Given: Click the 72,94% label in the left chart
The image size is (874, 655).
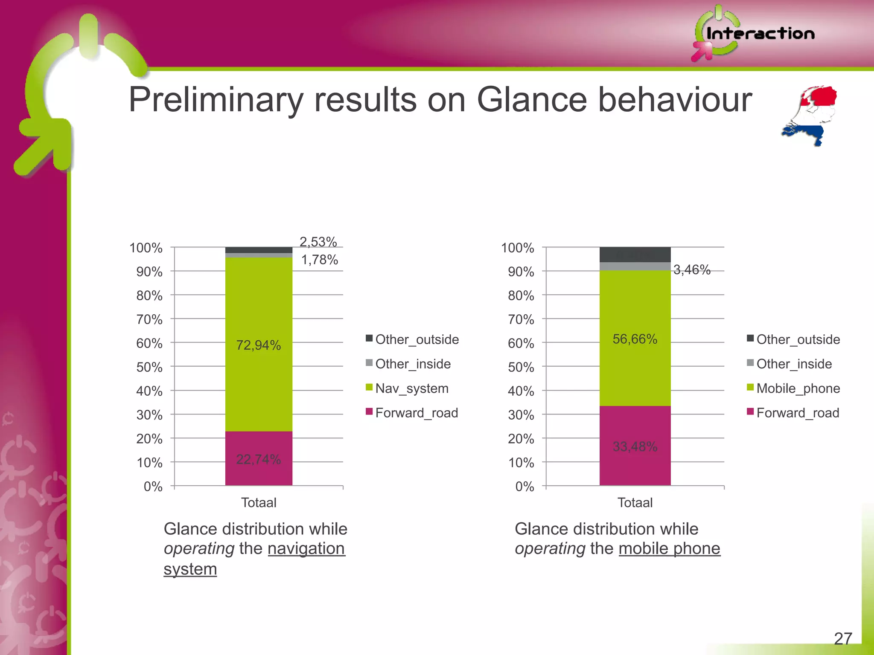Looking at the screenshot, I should (x=259, y=345).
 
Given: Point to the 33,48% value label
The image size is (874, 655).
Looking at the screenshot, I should (x=635, y=446).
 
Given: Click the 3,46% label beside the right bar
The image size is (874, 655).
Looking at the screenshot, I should (x=692, y=270).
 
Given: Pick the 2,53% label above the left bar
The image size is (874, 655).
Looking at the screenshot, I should (x=318, y=242).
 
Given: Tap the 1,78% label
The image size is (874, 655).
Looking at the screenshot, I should (x=320, y=260).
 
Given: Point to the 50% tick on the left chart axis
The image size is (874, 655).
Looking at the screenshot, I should (x=149, y=367).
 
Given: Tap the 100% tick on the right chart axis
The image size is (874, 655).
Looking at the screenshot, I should (x=517, y=248).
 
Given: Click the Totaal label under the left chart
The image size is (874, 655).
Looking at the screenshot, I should (x=259, y=503).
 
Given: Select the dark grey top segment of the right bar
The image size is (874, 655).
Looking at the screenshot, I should (x=635, y=255).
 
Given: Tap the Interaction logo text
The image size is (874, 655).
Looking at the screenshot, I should (x=760, y=34).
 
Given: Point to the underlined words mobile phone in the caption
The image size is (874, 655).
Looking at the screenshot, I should (x=669, y=548).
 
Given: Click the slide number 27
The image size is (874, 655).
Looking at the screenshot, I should (x=843, y=639).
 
